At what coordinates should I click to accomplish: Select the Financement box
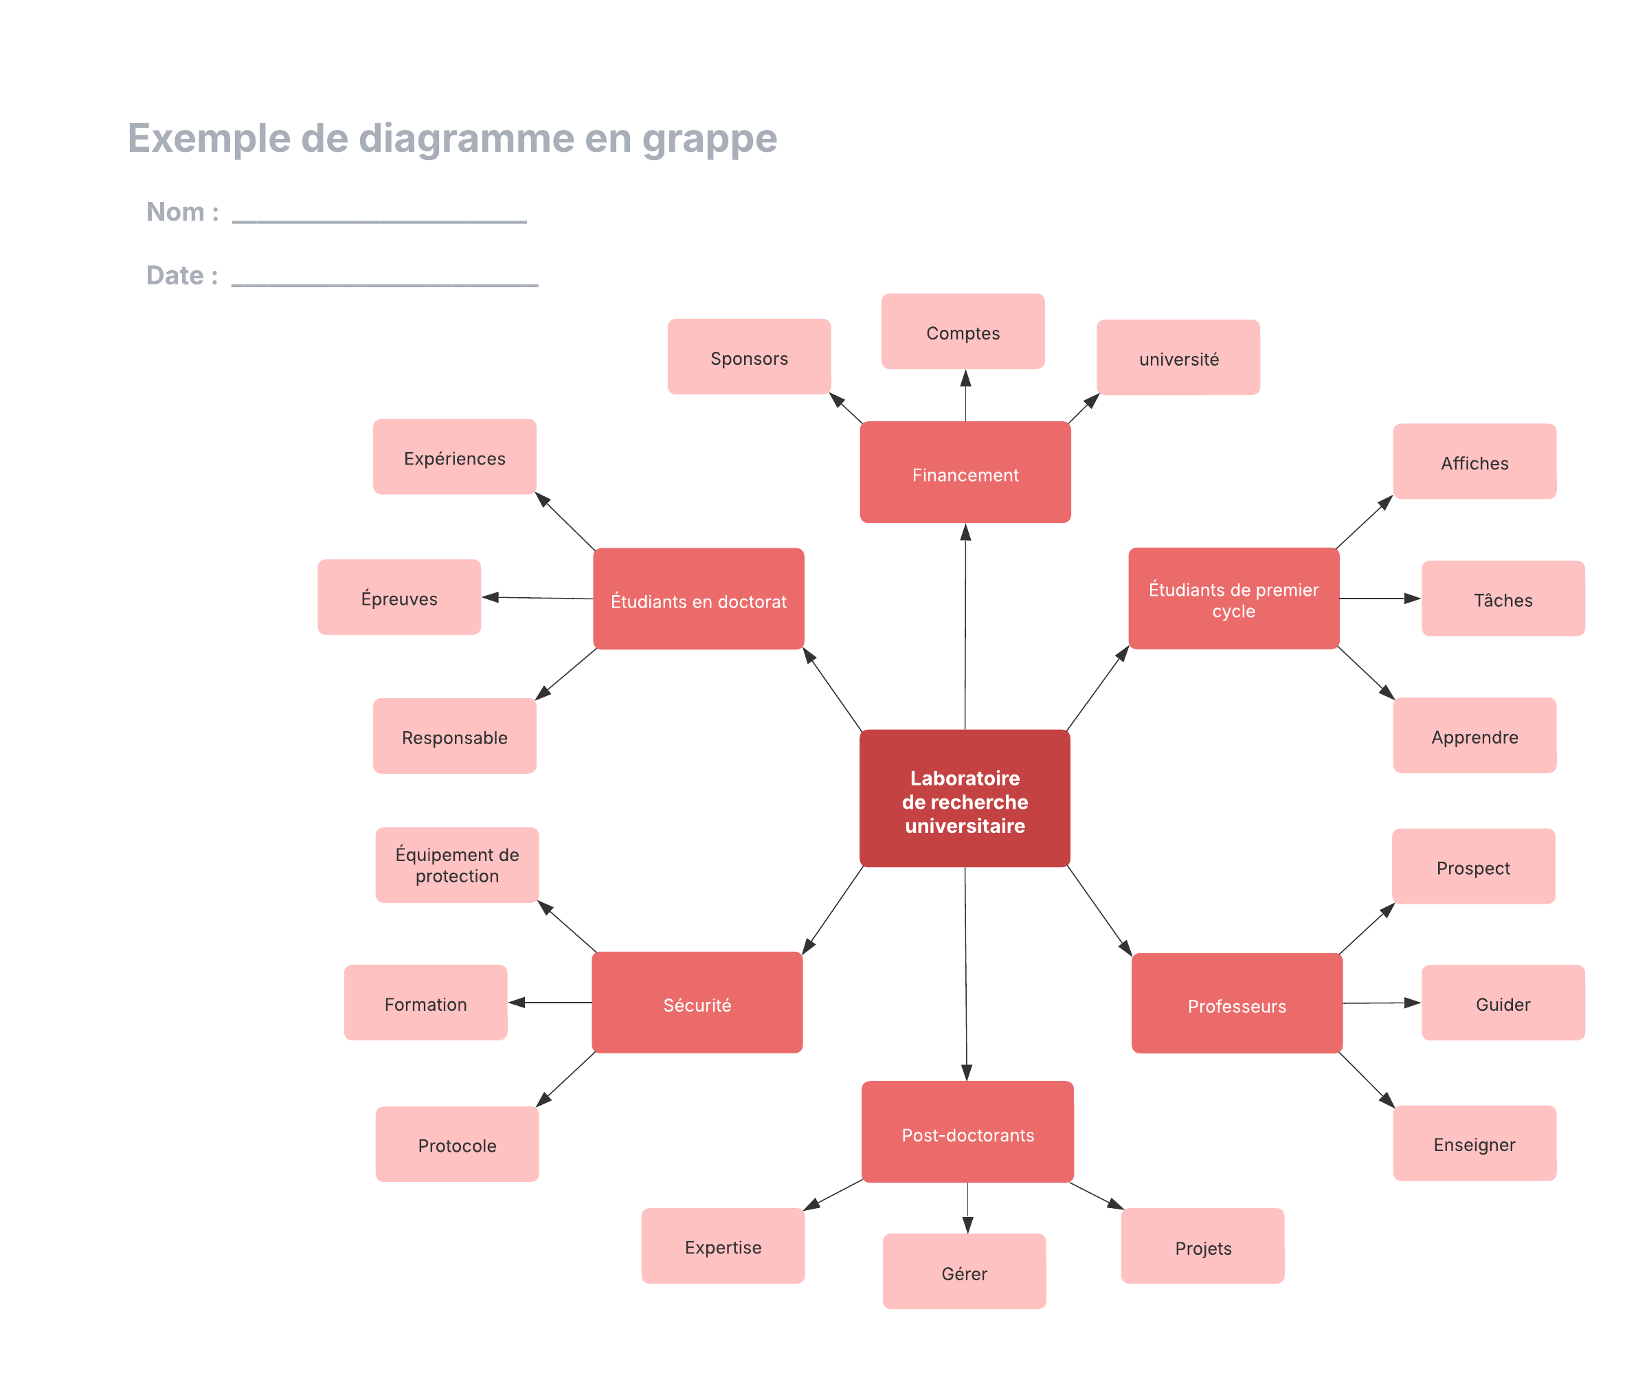click(965, 472)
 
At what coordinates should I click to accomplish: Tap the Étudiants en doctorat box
click(698, 599)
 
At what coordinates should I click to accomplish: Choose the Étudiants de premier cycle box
click(1233, 599)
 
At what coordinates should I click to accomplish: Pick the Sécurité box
click(697, 1002)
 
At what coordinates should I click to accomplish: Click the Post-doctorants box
click(967, 1132)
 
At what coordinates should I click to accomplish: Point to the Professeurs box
click(1236, 1003)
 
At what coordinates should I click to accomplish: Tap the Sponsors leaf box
click(748, 357)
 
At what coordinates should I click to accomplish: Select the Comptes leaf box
click(963, 331)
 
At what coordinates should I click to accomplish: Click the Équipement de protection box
click(456, 864)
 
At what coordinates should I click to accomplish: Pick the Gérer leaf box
click(963, 1271)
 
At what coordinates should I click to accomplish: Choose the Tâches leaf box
click(1502, 599)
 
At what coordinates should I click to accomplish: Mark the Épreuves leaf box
click(399, 597)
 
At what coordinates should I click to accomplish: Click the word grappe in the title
click(709, 138)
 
